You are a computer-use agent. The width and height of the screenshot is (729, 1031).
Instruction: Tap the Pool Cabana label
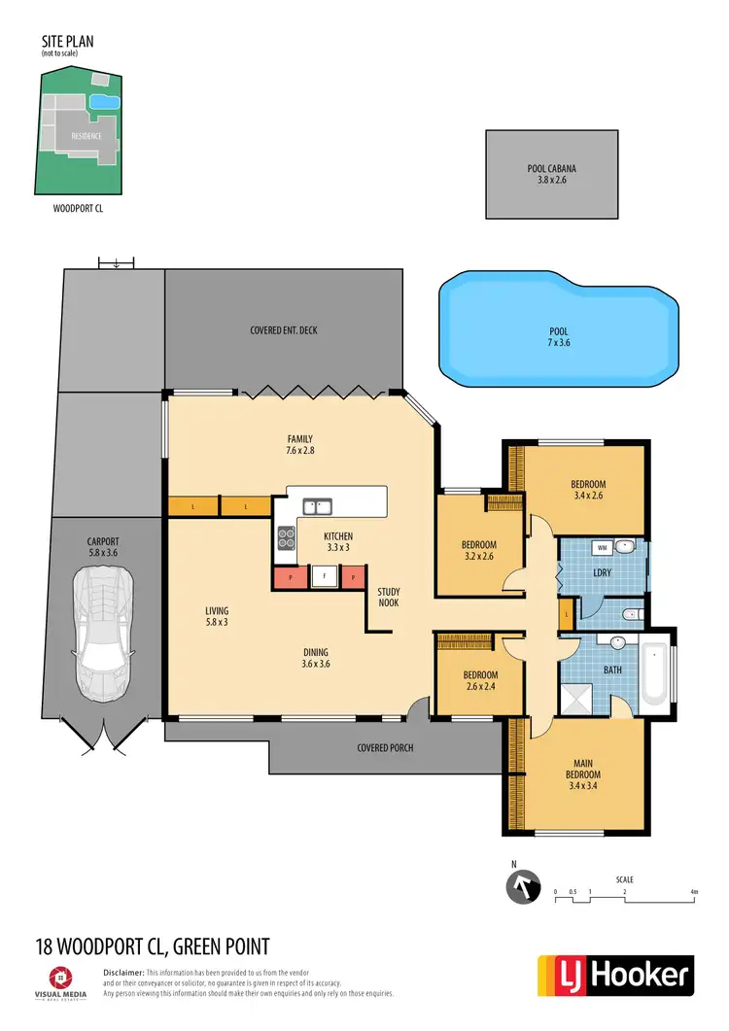[551, 174]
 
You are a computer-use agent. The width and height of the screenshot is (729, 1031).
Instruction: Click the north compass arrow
[522, 887]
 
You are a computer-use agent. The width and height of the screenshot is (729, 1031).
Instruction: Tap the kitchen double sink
[315, 505]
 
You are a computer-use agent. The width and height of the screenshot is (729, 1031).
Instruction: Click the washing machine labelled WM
[602, 547]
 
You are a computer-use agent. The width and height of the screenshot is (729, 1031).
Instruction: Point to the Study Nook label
[389, 597]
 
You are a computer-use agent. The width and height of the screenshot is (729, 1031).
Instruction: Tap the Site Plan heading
[67, 42]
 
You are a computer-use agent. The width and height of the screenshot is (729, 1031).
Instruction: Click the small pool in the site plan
[104, 101]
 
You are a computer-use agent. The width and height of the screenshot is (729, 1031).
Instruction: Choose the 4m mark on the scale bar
[694, 891]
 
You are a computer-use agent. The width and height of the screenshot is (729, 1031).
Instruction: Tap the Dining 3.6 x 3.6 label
[316, 658]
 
